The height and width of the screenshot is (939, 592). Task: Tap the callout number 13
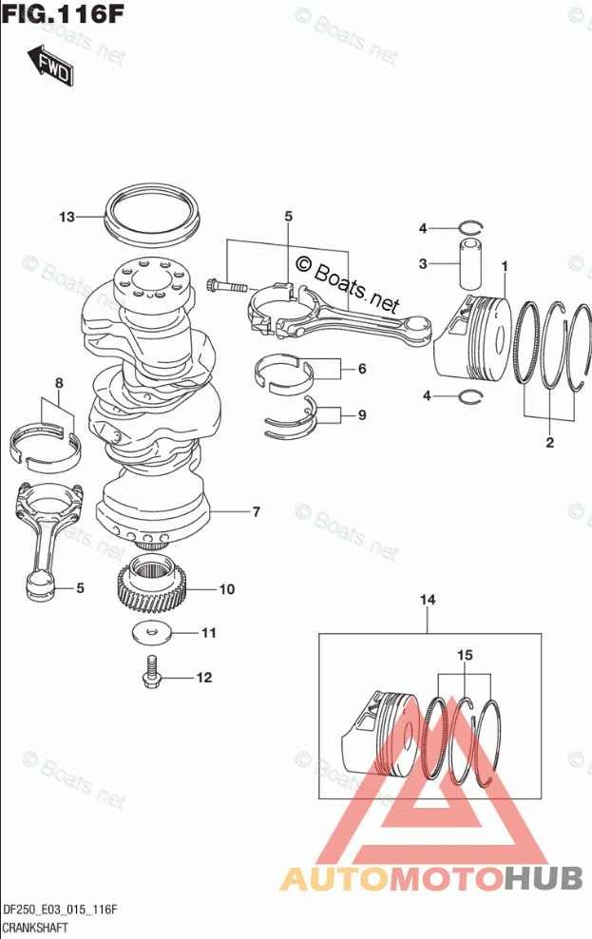coord(67,216)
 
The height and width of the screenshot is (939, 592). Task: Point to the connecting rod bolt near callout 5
coord(226,286)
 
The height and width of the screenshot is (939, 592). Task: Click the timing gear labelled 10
coord(151,590)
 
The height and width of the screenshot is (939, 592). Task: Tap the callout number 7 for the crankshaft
coord(257,512)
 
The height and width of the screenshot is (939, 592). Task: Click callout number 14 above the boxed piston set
coord(428,600)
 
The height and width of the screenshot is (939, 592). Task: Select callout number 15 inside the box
coord(465,655)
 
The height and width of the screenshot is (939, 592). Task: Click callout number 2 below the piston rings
coord(549,443)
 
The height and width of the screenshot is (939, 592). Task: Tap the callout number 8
coord(59,383)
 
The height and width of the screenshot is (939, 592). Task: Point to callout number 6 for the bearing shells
coord(362,369)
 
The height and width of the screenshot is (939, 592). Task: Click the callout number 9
coord(362,415)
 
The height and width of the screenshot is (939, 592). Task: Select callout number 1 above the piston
coord(505,265)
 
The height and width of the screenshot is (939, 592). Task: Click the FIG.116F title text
coord(63,13)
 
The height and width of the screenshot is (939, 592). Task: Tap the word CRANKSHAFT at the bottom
coord(35,928)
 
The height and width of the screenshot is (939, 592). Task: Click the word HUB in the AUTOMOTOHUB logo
coord(544,878)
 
